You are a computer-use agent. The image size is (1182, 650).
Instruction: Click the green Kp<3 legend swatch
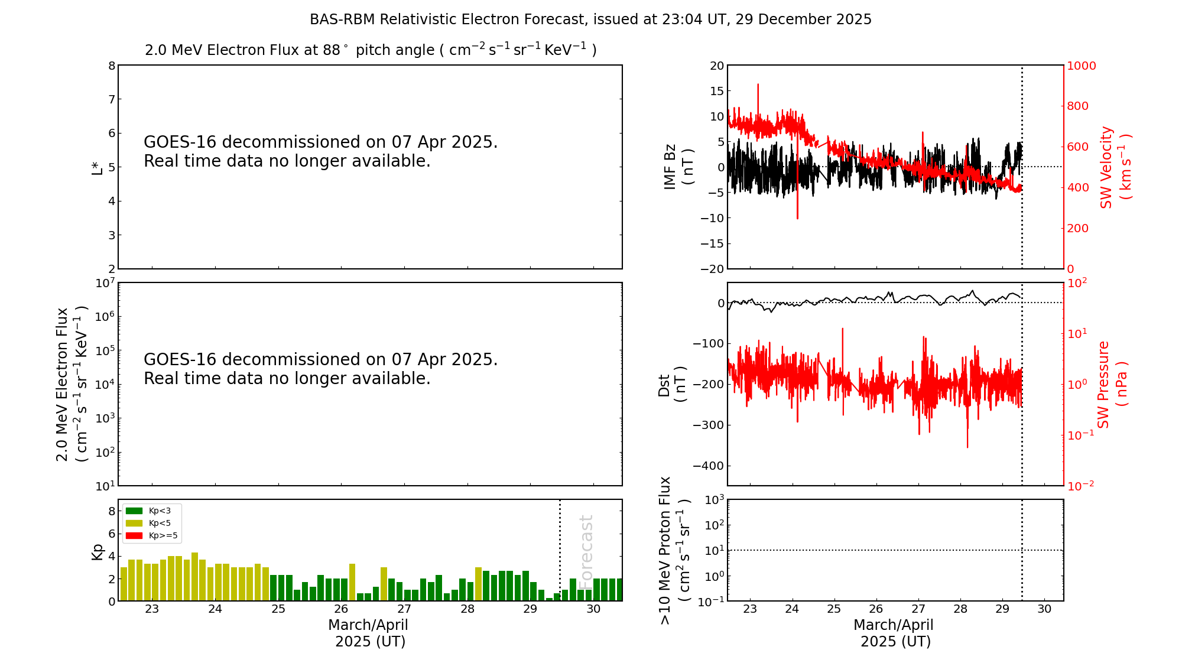[134, 511]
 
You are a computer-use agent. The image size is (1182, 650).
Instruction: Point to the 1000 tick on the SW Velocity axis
[1081, 66]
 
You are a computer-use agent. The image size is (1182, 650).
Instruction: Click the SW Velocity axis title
[1115, 167]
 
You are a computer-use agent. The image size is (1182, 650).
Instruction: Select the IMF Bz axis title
[678, 167]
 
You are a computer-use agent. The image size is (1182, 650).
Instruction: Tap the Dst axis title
[672, 385]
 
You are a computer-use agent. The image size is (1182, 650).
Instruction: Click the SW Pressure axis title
[1112, 385]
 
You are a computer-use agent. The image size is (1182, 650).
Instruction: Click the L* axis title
[97, 167]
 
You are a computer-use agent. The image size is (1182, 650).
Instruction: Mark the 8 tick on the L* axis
[112, 66]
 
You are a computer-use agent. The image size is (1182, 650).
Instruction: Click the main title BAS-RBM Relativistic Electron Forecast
[590, 19]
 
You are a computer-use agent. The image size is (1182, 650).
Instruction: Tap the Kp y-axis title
[97, 552]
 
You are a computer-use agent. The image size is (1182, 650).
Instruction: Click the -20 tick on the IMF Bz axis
[713, 269]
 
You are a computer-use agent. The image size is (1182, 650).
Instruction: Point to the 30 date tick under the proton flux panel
[1044, 610]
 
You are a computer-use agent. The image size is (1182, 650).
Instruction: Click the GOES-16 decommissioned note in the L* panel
[320, 151]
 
